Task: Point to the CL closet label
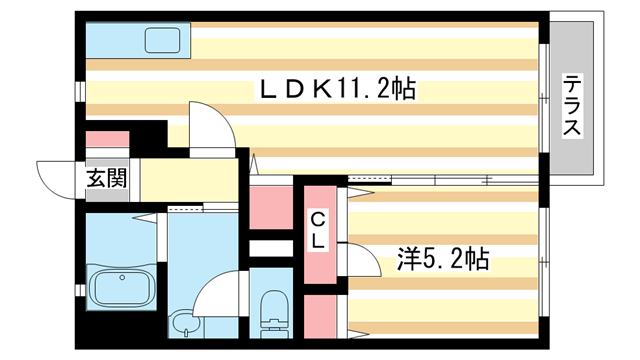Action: (318, 230)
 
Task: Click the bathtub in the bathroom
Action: (121, 289)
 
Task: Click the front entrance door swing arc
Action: (55, 179)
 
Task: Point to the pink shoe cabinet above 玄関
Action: (107, 141)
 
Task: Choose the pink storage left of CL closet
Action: (270, 208)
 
